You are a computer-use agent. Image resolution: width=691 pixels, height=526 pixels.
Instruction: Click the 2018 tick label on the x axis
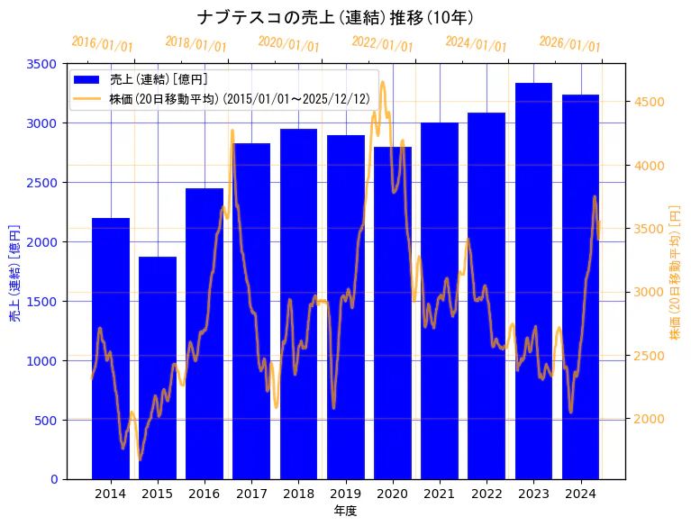pyautogui.click(x=298, y=494)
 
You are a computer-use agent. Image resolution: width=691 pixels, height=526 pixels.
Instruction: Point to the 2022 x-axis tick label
pyautogui.click(x=486, y=494)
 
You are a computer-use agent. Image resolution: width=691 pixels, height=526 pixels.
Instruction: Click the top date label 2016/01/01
pyautogui.click(x=102, y=44)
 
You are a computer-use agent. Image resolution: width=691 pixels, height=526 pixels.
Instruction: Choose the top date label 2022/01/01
pyautogui.click(x=383, y=44)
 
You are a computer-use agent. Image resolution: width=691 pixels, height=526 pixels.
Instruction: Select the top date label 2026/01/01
pyautogui.click(x=569, y=44)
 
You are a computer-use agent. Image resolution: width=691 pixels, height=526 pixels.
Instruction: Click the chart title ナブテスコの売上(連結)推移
pyautogui.click(x=335, y=17)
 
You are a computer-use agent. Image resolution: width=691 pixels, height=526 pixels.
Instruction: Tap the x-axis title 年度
pyautogui.click(x=345, y=511)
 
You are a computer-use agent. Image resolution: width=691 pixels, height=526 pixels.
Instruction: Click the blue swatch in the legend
pyautogui.click(x=87, y=80)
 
